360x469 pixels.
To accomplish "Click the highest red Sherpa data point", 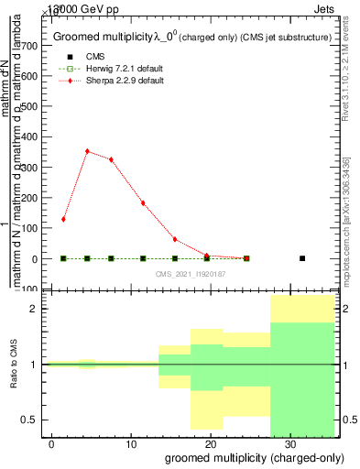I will point(87,151).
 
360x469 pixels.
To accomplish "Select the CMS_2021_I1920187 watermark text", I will point(191,274).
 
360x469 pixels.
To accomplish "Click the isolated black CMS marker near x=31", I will point(302,258).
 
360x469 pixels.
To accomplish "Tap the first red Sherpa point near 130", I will point(63,219).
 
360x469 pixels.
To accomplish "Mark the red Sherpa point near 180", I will point(143,203).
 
